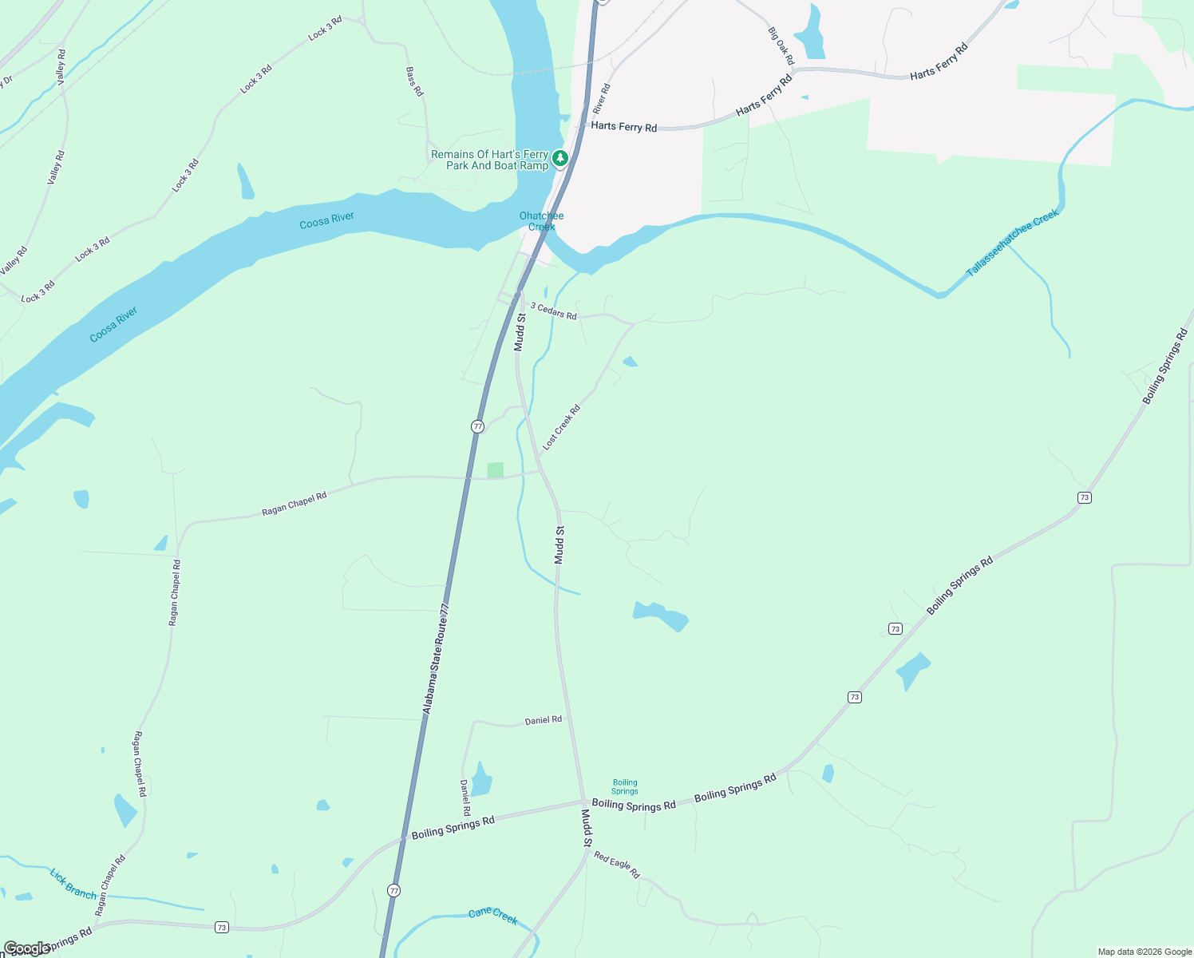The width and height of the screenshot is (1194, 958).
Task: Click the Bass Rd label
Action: tap(413, 81)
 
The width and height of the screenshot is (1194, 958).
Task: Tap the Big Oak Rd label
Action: tap(781, 46)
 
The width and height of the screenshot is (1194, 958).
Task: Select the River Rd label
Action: tap(602, 99)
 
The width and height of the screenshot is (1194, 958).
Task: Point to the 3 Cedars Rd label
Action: tap(554, 311)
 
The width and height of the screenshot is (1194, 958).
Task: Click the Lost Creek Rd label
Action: tap(561, 428)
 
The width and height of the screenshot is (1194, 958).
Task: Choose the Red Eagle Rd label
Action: tap(616, 865)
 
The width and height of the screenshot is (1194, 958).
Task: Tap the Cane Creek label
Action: tap(492, 916)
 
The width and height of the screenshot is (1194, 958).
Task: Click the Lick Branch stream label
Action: tap(73, 884)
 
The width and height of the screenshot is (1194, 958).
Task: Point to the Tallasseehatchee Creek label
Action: tap(1012, 243)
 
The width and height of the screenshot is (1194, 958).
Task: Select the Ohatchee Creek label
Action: tap(541, 221)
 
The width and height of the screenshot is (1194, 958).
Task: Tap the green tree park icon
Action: tap(560, 158)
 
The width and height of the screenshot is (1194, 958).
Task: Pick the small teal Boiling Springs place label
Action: tap(625, 787)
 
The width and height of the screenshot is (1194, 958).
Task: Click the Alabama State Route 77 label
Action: tap(437, 659)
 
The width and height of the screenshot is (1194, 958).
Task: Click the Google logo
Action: tap(26, 948)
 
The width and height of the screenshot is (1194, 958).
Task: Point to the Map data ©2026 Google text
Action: tap(1145, 952)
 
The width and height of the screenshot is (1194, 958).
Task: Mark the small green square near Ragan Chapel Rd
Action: tap(496, 470)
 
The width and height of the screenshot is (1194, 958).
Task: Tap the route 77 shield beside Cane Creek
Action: tap(393, 890)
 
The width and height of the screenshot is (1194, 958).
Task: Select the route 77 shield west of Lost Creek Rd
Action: tap(477, 426)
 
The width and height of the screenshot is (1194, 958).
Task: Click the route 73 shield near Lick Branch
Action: tap(222, 927)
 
